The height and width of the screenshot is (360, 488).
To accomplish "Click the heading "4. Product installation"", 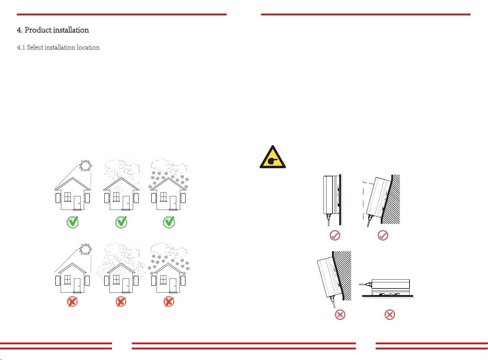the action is click(x=53, y=30).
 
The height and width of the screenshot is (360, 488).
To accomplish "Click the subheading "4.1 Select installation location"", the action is click(x=58, y=47).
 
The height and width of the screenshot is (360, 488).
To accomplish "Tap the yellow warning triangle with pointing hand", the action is click(x=273, y=157).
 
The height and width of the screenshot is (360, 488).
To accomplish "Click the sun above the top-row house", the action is click(x=85, y=166).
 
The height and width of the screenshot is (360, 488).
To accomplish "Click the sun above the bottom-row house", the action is click(x=85, y=249).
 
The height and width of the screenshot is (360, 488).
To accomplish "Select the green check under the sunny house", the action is click(x=72, y=222).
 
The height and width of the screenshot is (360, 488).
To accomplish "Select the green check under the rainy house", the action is click(x=121, y=222).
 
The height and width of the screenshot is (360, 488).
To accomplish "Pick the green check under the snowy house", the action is click(x=169, y=222).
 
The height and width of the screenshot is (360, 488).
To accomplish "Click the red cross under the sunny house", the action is click(x=72, y=302).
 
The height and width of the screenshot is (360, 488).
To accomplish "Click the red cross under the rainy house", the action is click(x=121, y=302).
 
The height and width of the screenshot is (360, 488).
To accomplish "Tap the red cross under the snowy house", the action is click(x=169, y=302).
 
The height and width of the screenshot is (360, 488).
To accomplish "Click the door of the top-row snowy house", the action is click(x=173, y=203).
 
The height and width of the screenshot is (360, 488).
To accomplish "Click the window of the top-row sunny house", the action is click(x=68, y=197).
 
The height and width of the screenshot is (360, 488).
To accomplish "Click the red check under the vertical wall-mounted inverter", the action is click(x=335, y=236).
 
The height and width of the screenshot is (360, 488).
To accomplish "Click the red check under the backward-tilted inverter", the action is click(x=383, y=236).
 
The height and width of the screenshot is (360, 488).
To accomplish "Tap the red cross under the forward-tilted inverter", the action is click(x=340, y=315).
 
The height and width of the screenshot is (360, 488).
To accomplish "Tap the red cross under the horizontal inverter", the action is click(x=390, y=315).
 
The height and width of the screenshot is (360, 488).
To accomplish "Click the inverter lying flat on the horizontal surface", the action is click(x=388, y=287).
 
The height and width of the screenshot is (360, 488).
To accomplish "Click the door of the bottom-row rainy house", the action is click(x=126, y=285).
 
